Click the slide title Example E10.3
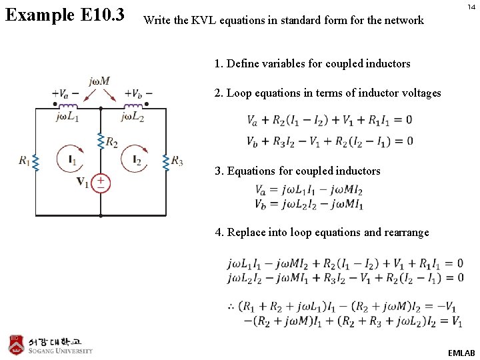[x=65, y=14]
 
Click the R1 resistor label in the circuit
[x=24, y=160]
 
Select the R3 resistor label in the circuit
[x=177, y=160]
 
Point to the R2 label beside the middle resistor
[x=111, y=143]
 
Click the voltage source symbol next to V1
[x=101, y=182]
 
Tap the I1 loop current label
[x=72, y=160]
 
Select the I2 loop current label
[x=137, y=160]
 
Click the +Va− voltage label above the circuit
[x=64, y=94]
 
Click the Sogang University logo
[x=51, y=344]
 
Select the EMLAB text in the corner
[x=461, y=352]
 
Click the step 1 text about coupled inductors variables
[x=313, y=64]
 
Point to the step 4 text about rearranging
[x=322, y=233]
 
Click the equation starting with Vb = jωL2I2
[x=309, y=204]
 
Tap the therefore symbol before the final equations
[x=232, y=307]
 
